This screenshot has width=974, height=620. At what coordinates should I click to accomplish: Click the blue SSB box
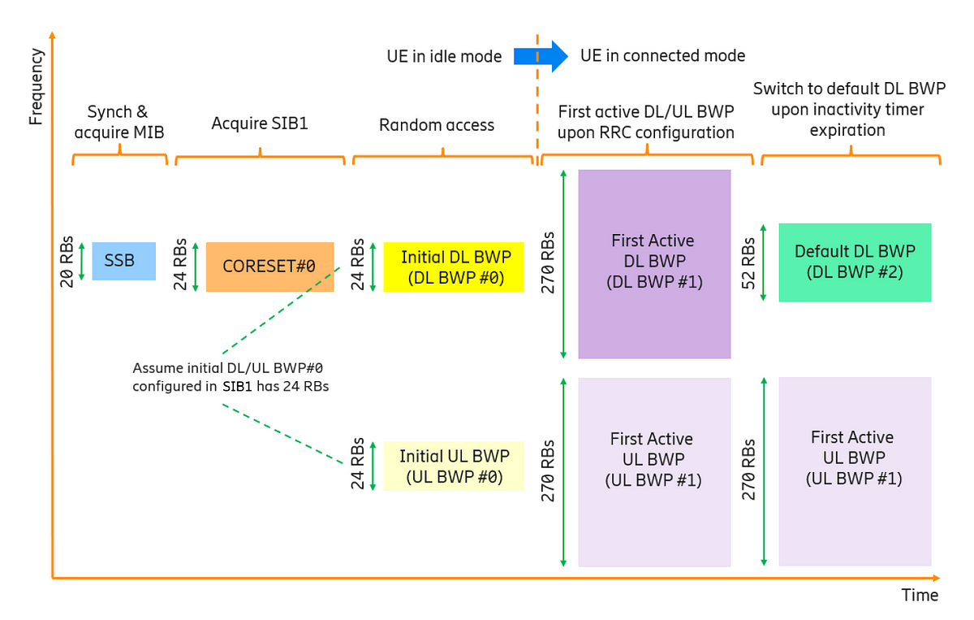(x=124, y=261)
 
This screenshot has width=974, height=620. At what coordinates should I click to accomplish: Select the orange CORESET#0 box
(x=269, y=267)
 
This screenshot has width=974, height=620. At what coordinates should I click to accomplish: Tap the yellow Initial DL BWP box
(x=454, y=267)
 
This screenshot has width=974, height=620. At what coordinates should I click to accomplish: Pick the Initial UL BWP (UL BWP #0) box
(x=454, y=466)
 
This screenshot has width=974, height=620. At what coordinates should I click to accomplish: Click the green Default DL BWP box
(x=855, y=262)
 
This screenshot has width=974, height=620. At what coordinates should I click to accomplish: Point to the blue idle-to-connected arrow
(x=541, y=56)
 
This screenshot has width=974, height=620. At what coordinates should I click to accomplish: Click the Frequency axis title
(x=37, y=86)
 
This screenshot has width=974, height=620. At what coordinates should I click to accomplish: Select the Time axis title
(x=920, y=595)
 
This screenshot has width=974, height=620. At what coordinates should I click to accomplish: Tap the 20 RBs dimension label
(x=67, y=262)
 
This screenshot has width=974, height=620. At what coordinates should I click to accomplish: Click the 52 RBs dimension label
(x=748, y=263)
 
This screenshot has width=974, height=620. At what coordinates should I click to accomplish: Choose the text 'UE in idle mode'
(x=444, y=56)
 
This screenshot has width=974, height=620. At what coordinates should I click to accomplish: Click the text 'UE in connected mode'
(x=662, y=55)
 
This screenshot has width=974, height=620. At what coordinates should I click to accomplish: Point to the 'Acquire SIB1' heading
(x=260, y=124)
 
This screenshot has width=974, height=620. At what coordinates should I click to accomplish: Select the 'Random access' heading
(x=437, y=125)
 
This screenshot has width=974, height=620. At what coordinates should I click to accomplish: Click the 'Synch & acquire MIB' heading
(x=119, y=122)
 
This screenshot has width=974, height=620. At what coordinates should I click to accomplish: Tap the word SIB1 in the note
(x=237, y=386)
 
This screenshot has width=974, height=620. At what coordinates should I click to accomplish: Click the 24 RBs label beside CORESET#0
(x=180, y=264)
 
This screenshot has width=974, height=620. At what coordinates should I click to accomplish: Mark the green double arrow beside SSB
(x=82, y=261)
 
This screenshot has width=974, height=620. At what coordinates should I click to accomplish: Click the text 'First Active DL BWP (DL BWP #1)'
(x=654, y=261)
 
